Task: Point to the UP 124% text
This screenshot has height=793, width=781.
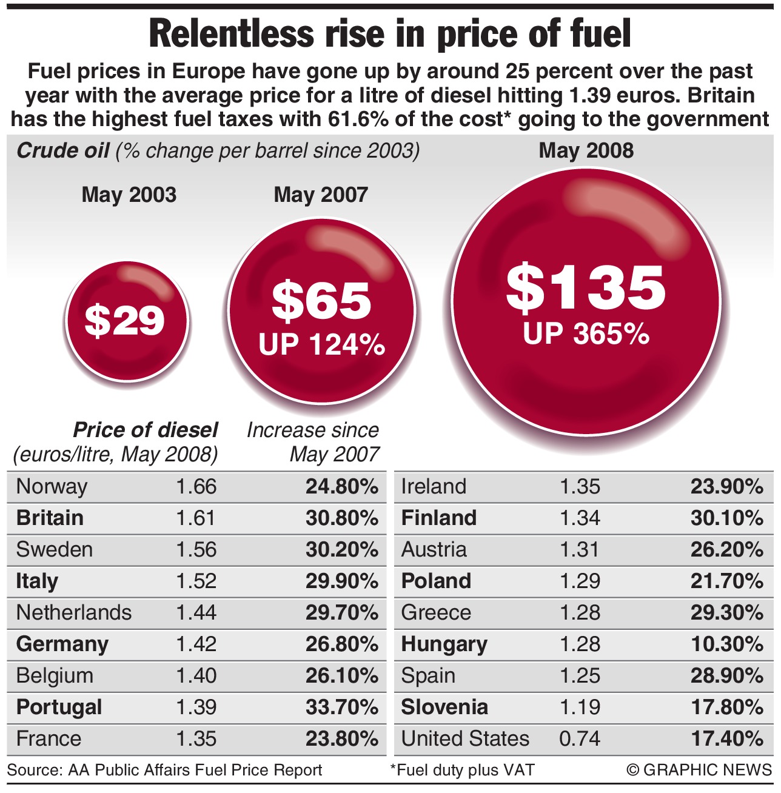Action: pyautogui.click(x=322, y=344)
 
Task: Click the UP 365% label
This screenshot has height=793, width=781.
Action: pyautogui.click(x=586, y=333)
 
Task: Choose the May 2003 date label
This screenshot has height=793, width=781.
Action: pyautogui.click(x=129, y=195)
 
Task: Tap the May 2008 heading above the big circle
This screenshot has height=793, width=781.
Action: pyautogui.click(x=586, y=150)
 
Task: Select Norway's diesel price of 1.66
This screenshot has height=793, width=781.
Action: pyautogui.click(x=196, y=486)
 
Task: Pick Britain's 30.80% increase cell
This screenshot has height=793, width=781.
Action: pyautogui.click(x=342, y=518)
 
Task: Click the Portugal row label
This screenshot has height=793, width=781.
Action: pyautogui.click(x=59, y=707)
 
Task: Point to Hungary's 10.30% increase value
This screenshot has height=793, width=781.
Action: pyautogui.click(x=726, y=644)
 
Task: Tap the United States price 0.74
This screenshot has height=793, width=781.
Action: pyautogui.click(x=580, y=738)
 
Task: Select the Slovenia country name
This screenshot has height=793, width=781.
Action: pyautogui.click(x=444, y=707)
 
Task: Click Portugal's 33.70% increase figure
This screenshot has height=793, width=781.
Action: pyautogui.click(x=342, y=707)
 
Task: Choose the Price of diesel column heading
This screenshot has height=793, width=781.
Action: pyautogui.click(x=145, y=430)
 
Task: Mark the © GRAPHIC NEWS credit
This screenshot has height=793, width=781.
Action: pyautogui.click(x=699, y=770)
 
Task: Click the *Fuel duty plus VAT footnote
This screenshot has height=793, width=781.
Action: pyautogui.click(x=462, y=770)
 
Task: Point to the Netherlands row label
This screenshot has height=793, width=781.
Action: pyautogui.click(x=73, y=612)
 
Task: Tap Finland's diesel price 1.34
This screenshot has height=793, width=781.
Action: pyautogui.click(x=580, y=518)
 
